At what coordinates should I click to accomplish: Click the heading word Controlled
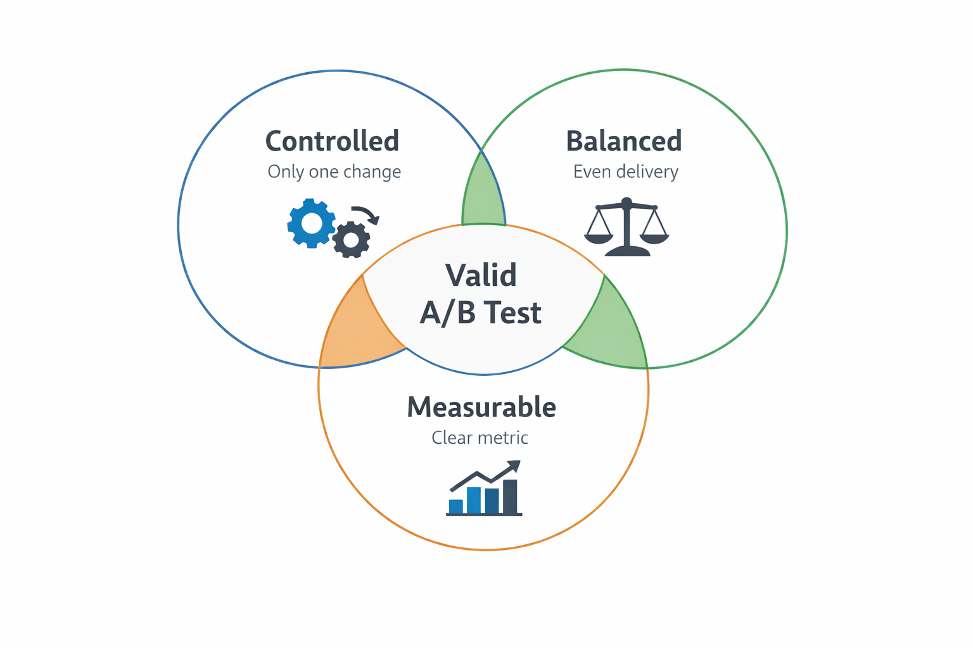tap(332, 141)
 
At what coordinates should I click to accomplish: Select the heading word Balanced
tap(623, 141)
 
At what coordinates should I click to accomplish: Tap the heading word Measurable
tap(481, 407)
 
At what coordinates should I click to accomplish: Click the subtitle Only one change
tap(334, 171)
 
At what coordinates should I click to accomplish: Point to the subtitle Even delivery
tap(625, 171)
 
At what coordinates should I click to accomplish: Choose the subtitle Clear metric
tap(480, 437)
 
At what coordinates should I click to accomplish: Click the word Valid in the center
tap(481, 275)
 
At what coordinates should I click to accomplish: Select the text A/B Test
tap(481, 313)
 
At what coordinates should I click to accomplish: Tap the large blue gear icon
tap(311, 223)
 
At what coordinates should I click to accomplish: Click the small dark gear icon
tap(351, 240)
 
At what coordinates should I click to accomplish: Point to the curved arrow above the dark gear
tap(366, 214)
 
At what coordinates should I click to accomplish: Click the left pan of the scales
tap(599, 237)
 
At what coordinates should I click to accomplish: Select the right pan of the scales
tap(654, 237)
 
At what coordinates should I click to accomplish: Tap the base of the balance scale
tap(627, 251)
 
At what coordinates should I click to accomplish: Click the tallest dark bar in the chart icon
tap(510, 496)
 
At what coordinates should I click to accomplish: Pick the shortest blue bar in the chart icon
tap(455, 506)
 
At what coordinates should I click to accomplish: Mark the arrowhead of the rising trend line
tap(514, 468)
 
